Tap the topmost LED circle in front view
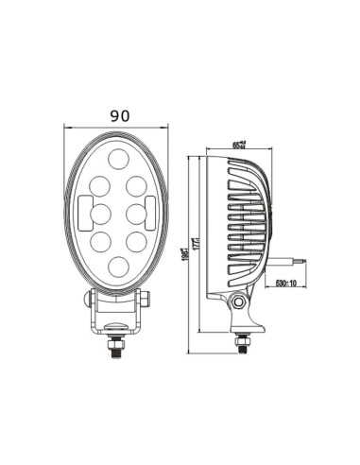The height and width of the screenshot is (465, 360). click(x=118, y=157)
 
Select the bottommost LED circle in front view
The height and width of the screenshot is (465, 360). click(x=118, y=268)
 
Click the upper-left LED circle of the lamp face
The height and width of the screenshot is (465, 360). click(x=100, y=181)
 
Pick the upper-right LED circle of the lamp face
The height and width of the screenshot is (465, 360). click(x=137, y=181)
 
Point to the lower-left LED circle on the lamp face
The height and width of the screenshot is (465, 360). click(x=100, y=242)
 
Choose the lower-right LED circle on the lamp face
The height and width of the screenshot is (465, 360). click(x=137, y=242)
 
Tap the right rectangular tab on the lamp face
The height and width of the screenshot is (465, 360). click(x=151, y=208)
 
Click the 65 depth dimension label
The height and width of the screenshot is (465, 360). click(x=238, y=144)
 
